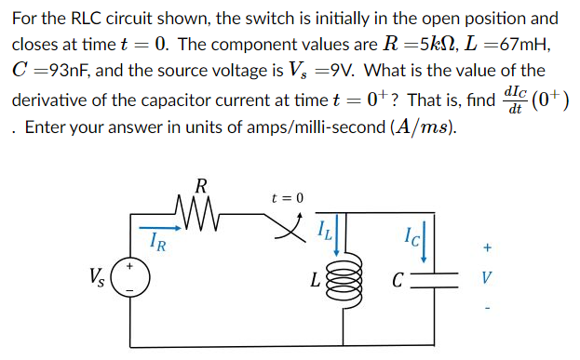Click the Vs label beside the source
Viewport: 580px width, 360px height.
pos(97,277)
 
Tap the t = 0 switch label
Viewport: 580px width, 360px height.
pos(288,197)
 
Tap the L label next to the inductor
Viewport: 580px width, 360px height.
pos(318,278)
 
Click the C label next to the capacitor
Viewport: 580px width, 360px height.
pos(398,278)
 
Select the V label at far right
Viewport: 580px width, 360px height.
pos(486,277)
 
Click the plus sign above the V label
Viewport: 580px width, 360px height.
pos(486,248)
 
